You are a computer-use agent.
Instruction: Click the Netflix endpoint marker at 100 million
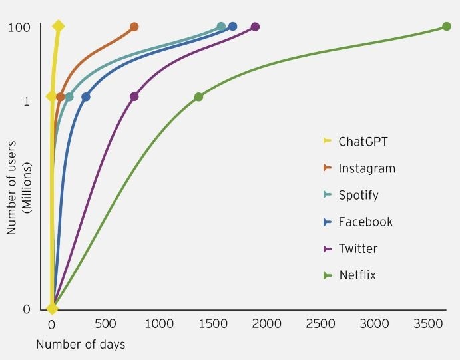pos(447,27)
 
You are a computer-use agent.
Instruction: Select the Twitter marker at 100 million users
pos(255,27)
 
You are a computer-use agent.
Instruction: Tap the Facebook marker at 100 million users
pos(232,27)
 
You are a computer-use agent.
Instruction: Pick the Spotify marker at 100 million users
pos(221,27)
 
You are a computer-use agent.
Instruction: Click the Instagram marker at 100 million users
pos(134,27)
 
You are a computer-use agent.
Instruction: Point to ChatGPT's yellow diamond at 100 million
pos(58,27)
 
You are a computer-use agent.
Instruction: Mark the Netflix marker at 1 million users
pos(198,97)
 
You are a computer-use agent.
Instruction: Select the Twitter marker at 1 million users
pos(134,97)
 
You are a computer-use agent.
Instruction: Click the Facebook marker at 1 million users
pos(85,97)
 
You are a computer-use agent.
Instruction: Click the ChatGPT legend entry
pos(362,141)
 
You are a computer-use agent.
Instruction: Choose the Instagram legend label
pos(366,168)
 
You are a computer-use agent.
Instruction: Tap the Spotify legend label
pos(358,195)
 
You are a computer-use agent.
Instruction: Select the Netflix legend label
pos(357,275)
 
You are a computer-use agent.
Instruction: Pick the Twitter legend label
pos(357,248)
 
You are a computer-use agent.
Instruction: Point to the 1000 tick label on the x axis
pos(158,324)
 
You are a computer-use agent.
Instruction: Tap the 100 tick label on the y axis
pos(21,27)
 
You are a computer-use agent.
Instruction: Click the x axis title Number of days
pos(81,345)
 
